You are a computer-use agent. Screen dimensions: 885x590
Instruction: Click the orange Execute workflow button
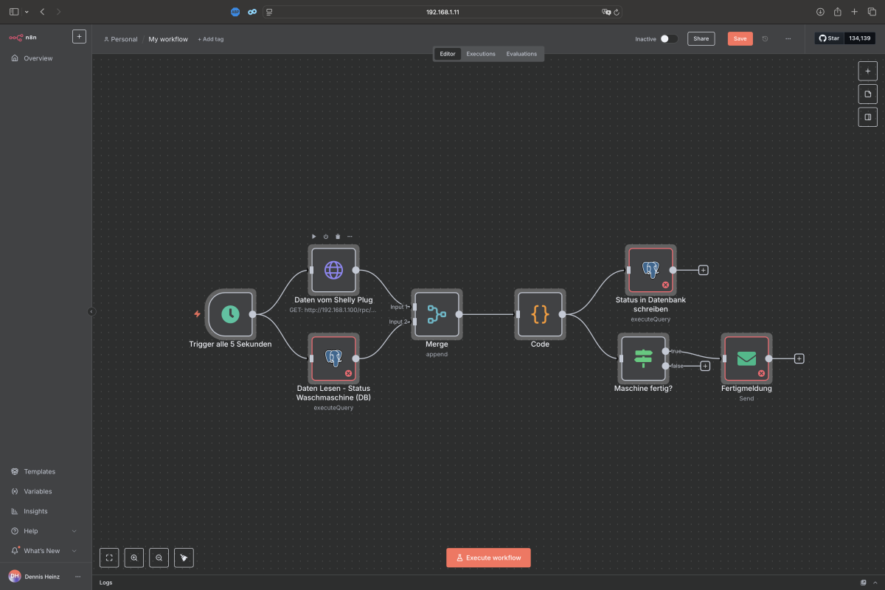pos(488,558)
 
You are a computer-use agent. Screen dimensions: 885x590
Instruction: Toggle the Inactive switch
pos(668,39)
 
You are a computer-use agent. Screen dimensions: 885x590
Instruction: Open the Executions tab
pos(480,54)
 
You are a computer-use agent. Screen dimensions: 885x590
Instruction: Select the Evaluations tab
pos(521,54)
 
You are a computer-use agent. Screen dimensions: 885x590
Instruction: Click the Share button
pos(701,39)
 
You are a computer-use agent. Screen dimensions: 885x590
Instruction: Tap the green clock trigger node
pos(230,314)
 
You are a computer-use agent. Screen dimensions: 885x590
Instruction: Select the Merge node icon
pos(437,314)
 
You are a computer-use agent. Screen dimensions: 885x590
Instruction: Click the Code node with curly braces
pos(540,314)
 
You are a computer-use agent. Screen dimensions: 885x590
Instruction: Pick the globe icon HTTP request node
pos(333,270)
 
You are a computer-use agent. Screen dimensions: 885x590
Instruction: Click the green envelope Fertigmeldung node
pos(746,358)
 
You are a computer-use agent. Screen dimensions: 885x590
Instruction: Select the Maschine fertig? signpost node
pos(643,358)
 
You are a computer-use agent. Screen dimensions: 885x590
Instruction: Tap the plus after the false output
pos(705,366)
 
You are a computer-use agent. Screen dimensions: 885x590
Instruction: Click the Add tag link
pos(211,39)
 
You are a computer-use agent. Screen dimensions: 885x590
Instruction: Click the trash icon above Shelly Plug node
pos(338,236)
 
